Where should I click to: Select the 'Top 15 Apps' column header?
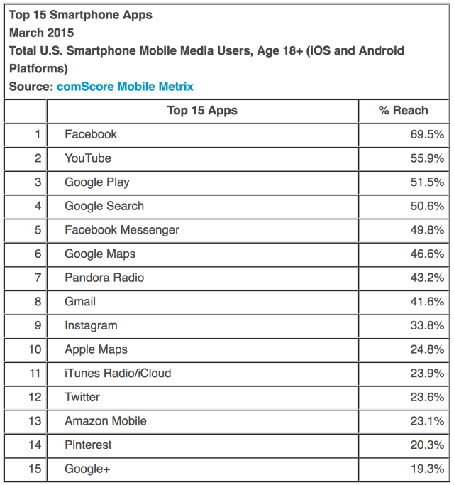click(202, 110)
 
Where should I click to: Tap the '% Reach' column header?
click(404, 110)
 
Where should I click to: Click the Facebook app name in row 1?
click(91, 134)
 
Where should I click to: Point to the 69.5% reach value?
click(425, 134)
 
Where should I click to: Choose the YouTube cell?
click(88, 158)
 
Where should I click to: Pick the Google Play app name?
click(97, 182)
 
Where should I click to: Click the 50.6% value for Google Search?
click(425, 206)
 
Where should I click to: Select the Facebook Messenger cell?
click(122, 230)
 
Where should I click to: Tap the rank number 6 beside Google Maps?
click(37, 254)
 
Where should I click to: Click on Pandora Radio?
click(104, 278)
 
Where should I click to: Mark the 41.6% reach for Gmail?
click(425, 302)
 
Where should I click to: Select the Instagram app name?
click(91, 325)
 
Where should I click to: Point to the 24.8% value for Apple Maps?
click(425, 349)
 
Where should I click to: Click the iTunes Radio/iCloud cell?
click(118, 374)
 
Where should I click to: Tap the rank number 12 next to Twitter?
click(35, 397)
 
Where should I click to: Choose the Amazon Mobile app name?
click(106, 421)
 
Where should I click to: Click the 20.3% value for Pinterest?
click(425, 445)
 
